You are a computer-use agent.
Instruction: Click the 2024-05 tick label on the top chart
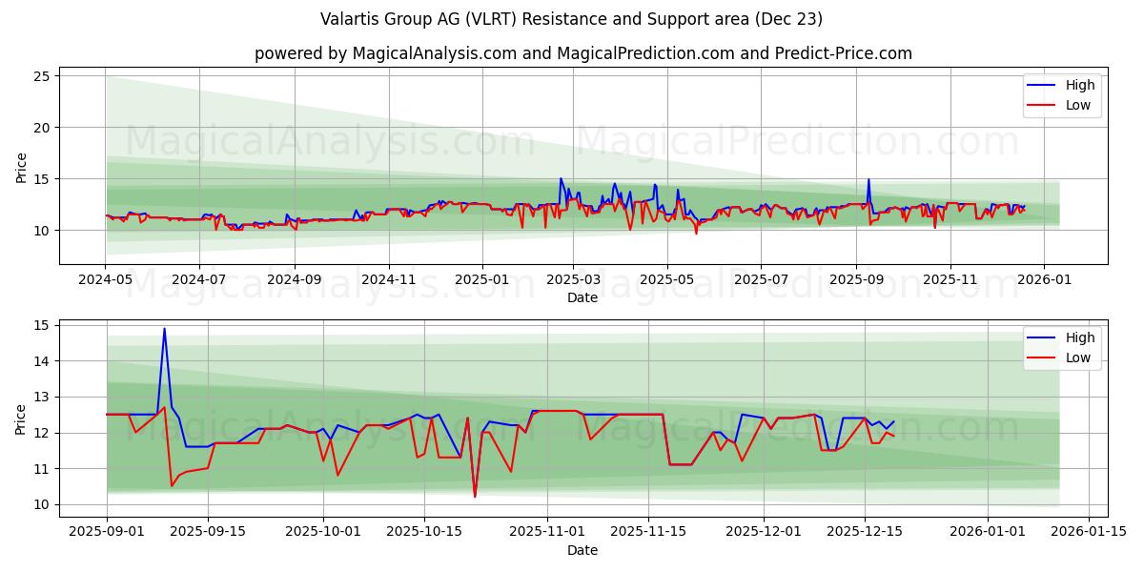106,280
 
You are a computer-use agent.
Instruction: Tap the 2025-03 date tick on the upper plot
574,280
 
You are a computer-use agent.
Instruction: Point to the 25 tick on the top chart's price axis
42,76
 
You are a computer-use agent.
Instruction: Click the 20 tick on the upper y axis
42,128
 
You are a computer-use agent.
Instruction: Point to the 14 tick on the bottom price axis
42,361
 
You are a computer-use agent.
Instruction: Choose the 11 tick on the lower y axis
42,469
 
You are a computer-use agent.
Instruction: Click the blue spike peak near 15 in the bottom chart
164,329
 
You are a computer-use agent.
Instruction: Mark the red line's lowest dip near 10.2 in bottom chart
475,497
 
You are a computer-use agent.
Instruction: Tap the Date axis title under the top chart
582,298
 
